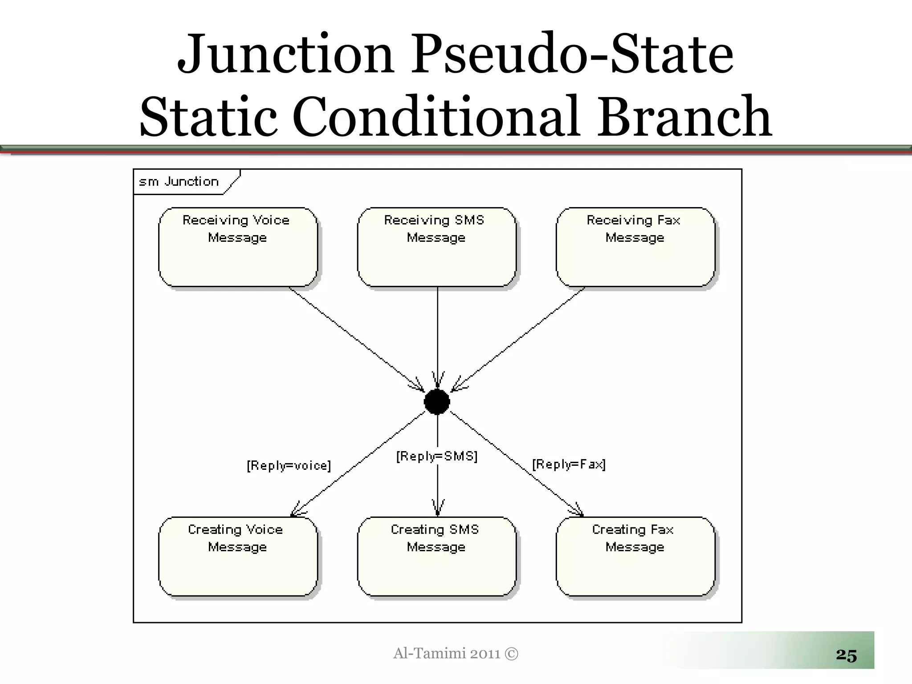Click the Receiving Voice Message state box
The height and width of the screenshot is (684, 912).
(238, 247)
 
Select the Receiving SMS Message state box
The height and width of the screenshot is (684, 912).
(436, 247)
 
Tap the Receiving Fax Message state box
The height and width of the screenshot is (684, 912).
(635, 247)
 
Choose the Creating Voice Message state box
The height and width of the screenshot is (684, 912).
(238, 556)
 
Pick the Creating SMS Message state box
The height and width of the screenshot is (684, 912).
(436, 556)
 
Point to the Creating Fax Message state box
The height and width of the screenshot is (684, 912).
(635, 556)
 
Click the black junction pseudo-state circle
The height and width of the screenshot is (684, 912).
(437, 402)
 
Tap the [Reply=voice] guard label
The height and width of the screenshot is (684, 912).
(289, 466)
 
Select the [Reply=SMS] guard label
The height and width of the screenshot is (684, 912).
(436, 456)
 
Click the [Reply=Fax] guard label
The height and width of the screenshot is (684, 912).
(569, 464)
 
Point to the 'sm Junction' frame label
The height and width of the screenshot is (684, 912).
(179, 182)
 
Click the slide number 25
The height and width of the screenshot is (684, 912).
(846, 655)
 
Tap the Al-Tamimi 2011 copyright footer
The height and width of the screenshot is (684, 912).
(456, 653)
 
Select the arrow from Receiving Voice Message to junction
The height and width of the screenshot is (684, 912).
(356, 339)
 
